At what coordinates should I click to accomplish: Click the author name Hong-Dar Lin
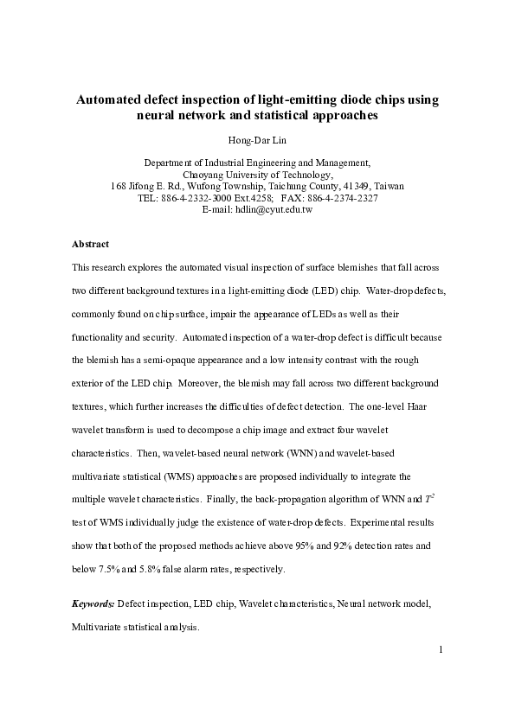point(257,139)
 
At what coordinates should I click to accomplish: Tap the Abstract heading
point(90,245)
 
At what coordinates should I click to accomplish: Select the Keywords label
point(93,602)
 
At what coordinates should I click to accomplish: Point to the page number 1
point(441,650)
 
